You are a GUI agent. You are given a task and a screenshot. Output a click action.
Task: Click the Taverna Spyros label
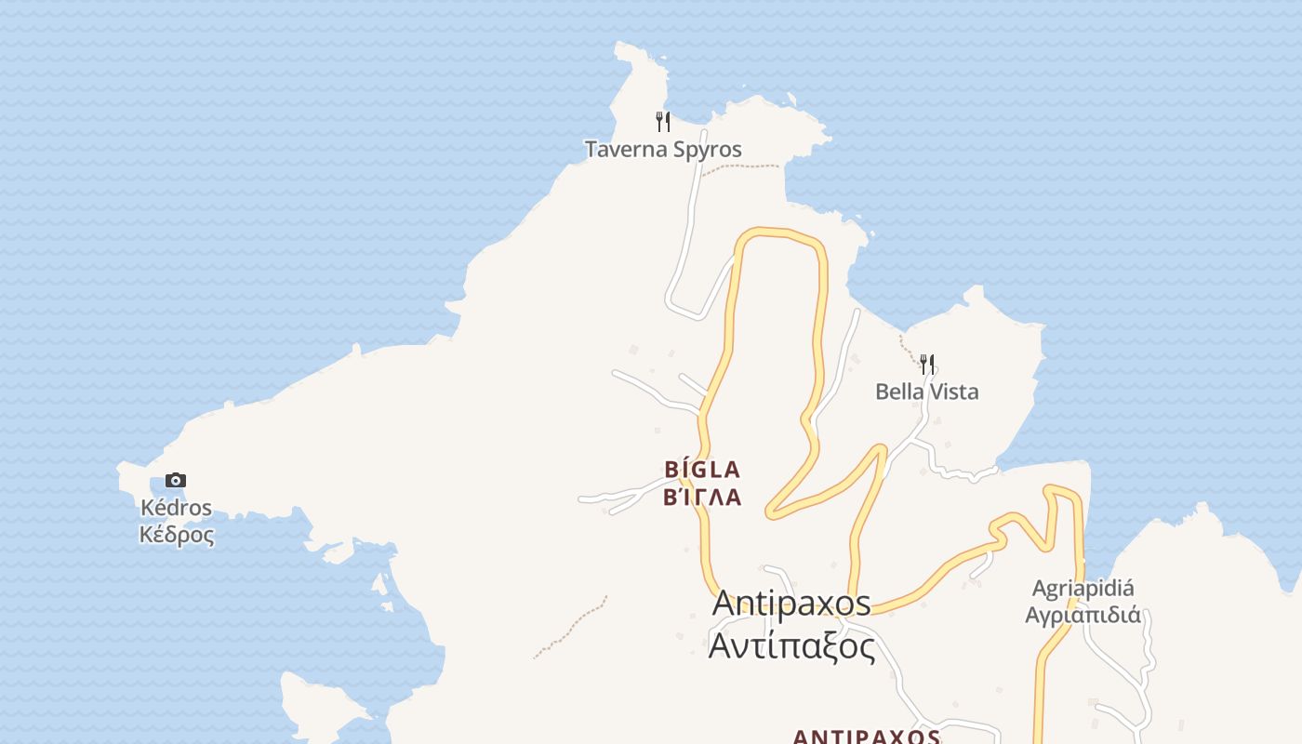[x=663, y=149]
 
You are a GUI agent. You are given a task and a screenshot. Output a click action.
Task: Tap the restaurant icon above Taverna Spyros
[x=663, y=122]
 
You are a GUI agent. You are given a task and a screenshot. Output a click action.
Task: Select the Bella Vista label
[x=926, y=392]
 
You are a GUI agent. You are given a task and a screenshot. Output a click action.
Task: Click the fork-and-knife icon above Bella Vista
[x=926, y=364]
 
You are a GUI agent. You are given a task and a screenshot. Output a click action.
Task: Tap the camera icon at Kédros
[x=176, y=481]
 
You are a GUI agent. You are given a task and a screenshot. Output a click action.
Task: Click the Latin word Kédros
[x=176, y=508]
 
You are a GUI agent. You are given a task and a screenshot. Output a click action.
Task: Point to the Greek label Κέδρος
[x=176, y=535]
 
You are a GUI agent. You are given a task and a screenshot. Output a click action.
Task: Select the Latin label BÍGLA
[x=702, y=470]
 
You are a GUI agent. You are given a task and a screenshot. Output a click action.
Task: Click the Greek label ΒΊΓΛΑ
[x=702, y=498]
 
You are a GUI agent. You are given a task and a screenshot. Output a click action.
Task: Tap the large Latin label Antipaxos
[x=791, y=603]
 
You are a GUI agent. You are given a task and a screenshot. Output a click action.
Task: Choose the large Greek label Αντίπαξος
[x=791, y=644]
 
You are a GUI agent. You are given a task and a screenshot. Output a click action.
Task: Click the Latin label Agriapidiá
[x=1083, y=589]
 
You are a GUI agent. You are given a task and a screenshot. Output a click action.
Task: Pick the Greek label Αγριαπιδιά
[x=1083, y=615]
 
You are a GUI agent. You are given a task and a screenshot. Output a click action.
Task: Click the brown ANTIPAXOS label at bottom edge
[x=866, y=737]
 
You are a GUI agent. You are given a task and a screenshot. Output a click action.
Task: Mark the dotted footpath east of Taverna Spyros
[x=740, y=167]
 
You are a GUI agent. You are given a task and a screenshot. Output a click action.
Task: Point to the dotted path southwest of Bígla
[x=569, y=629]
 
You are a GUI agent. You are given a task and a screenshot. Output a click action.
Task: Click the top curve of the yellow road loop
[x=779, y=232]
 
